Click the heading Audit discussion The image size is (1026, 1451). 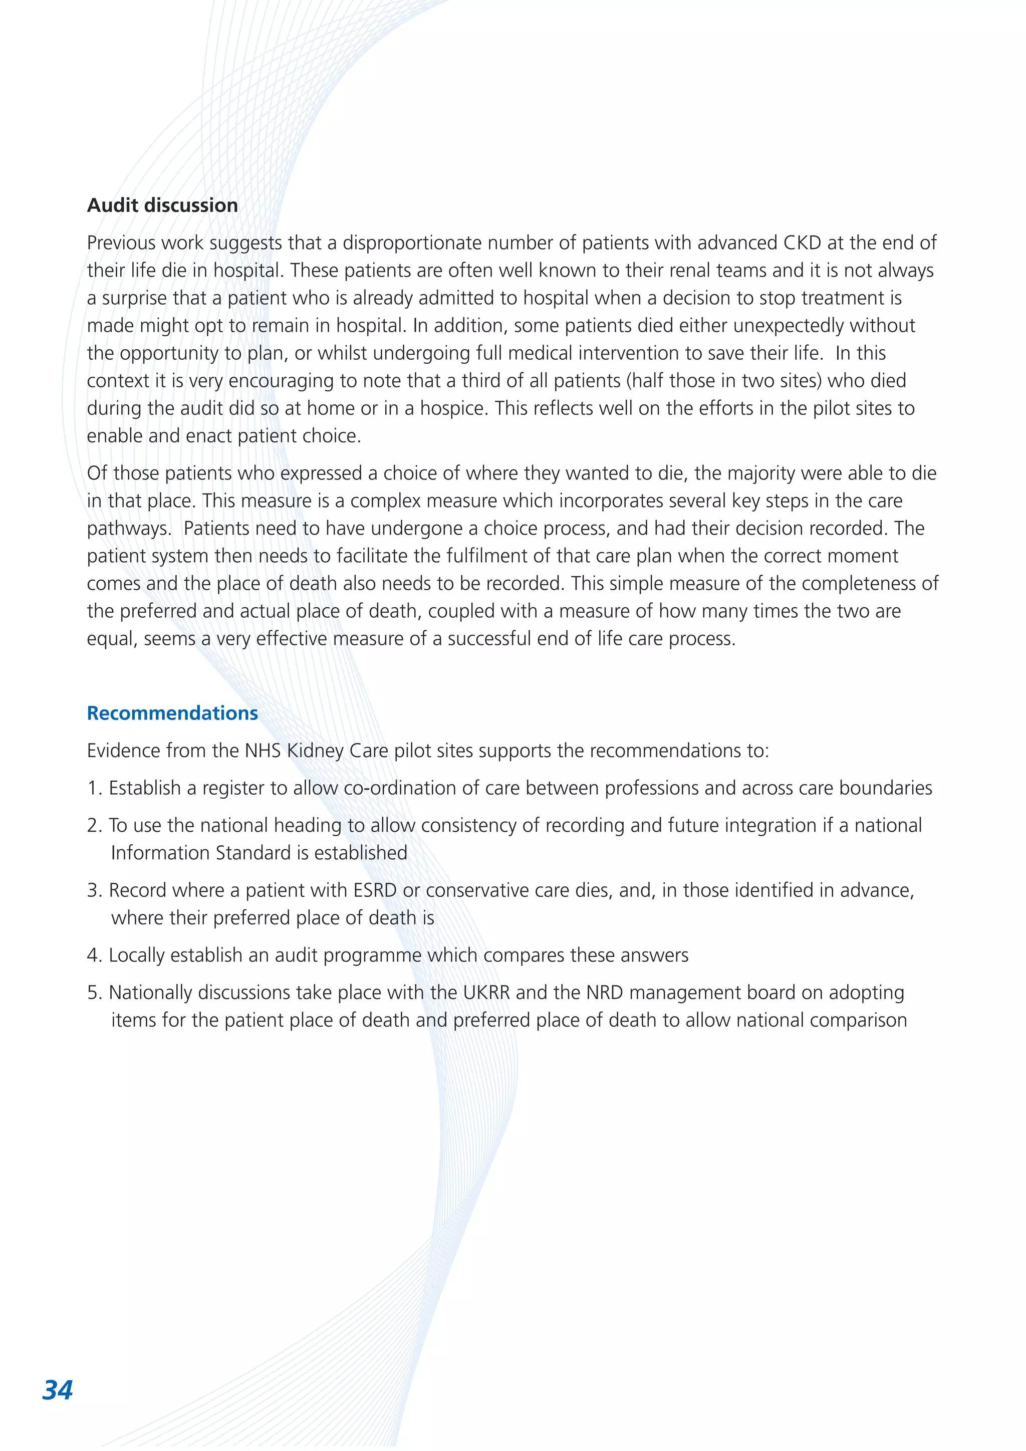pyautogui.click(x=162, y=205)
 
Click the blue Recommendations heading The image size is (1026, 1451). pyautogui.click(x=172, y=713)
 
